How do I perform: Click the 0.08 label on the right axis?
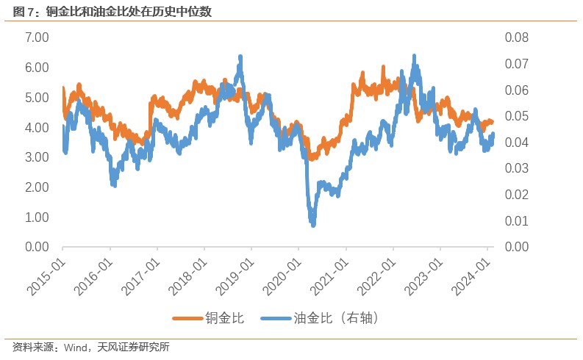pos(516,37)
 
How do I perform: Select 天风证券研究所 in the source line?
pos(133,347)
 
